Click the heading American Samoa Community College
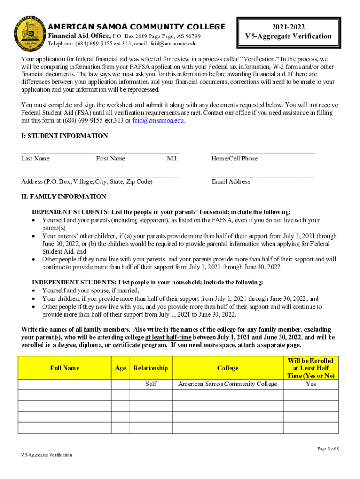coord(137,27)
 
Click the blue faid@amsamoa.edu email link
coord(158,120)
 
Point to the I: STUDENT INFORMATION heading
coord(65,136)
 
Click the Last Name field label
coord(35,159)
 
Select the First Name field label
coord(111,159)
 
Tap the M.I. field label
coord(172,159)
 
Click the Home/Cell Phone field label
coord(234,159)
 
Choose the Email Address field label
coord(230,181)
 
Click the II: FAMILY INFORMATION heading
coord(64,196)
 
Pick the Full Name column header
coord(65,368)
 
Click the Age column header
coord(121,368)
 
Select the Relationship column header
coord(151,368)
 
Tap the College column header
coord(228,368)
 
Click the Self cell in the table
coord(151,384)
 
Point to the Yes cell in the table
coord(310,384)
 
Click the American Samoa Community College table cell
coord(228,384)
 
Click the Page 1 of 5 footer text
coord(328,449)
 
